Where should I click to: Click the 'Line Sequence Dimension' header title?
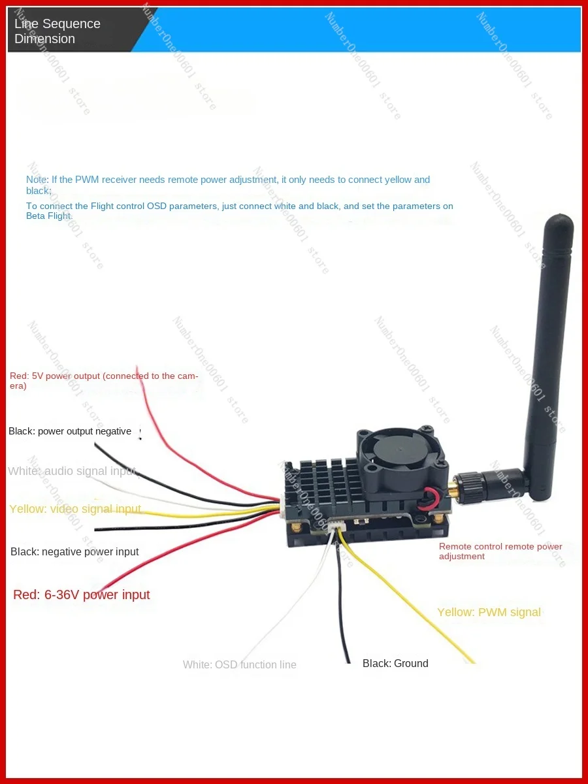click(x=57, y=31)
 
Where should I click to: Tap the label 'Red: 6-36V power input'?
click(x=82, y=595)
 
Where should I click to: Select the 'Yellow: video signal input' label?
click(x=75, y=509)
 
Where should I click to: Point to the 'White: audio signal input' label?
click(x=72, y=471)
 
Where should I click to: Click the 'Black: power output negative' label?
click(x=70, y=431)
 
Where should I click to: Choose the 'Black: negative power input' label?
click(x=74, y=551)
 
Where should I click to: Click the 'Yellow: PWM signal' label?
click(x=489, y=612)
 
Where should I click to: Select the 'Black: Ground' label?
click(x=395, y=663)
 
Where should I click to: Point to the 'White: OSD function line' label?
click(x=239, y=664)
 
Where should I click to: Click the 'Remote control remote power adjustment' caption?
click(x=500, y=551)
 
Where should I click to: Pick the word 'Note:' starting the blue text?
click(x=37, y=180)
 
